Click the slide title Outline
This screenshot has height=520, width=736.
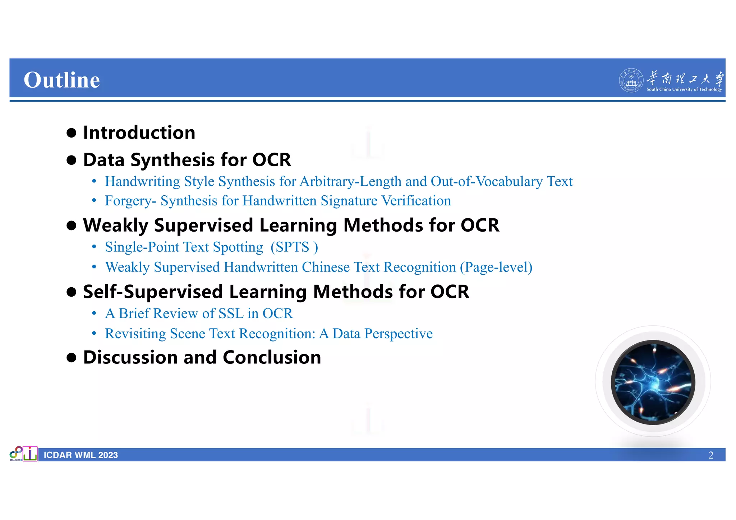[x=61, y=80]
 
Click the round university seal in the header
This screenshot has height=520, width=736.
[x=631, y=80]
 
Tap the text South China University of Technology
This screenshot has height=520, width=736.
[x=684, y=89]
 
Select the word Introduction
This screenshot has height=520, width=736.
[x=139, y=133]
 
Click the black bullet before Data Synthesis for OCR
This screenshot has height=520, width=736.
[x=72, y=160]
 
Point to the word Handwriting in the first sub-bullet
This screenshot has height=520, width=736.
[x=142, y=181]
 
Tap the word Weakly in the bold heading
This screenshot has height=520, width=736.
[x=115, y=226]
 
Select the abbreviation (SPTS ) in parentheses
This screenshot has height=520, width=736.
[x=294, y=247]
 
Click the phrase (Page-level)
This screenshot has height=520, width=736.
[x=496, y=267]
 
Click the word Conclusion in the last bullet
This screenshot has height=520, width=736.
[x=272, y=357]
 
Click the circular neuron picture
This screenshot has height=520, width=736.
[x=653, y=382]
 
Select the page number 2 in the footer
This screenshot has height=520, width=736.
[x=710, y=455]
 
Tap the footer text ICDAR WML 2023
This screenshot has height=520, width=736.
[x=81, y=455]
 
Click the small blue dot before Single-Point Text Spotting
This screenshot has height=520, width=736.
[x=94, y=247]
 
